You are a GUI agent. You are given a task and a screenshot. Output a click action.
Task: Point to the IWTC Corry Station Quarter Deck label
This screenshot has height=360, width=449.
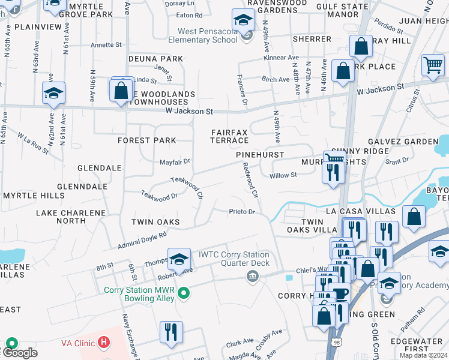234,259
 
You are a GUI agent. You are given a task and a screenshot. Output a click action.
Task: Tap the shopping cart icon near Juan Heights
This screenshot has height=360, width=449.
432,64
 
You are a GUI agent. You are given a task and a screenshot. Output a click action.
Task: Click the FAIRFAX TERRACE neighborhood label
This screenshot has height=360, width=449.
229,136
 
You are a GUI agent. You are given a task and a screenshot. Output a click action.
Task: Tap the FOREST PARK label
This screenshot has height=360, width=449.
147,140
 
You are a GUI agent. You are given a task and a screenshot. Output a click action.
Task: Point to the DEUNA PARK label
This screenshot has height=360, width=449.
155,59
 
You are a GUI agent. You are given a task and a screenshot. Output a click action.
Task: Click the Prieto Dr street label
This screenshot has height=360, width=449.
242,212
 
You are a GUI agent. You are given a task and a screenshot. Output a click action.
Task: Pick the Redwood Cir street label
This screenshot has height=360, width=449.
250,182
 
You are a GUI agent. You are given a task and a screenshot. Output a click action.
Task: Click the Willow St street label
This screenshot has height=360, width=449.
283,175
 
